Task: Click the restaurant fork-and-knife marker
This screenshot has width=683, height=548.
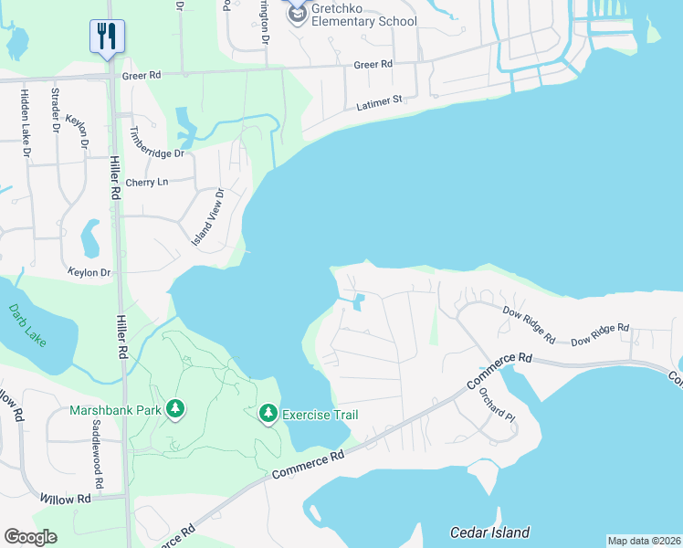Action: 107,37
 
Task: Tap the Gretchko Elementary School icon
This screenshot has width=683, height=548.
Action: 297,13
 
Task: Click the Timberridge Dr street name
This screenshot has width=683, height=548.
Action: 157,142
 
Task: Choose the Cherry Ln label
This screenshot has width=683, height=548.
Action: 147,183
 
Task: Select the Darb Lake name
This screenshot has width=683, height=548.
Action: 27,325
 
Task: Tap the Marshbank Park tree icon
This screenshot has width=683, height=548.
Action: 176,410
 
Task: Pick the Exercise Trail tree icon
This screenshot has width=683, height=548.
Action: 268,415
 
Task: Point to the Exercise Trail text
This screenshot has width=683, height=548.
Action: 320,415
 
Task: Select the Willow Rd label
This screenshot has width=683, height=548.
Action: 66,500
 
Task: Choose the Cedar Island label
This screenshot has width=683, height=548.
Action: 489,532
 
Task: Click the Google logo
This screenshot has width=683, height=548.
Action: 30,536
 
